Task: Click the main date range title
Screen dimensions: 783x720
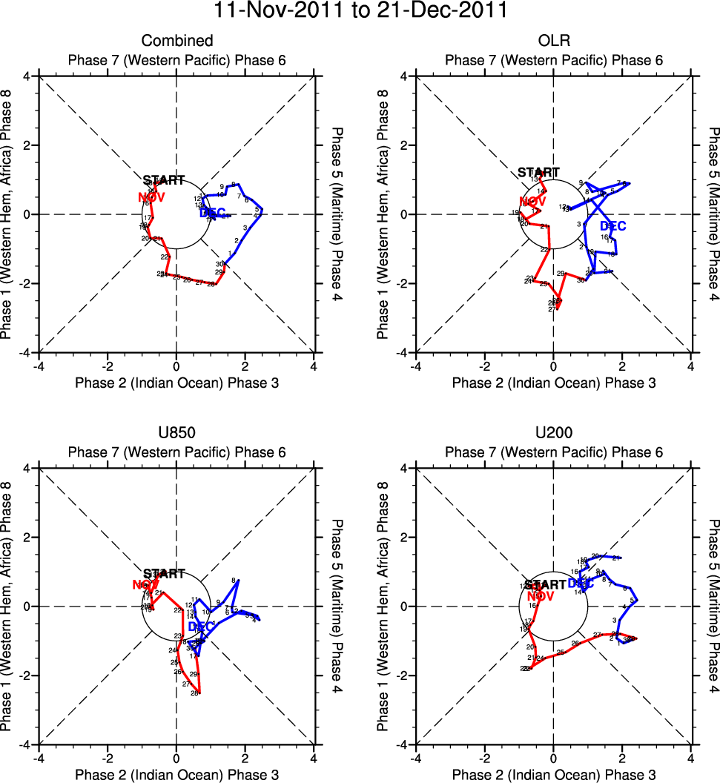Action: tap(360, 11)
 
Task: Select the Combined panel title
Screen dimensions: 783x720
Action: tap(177, 41)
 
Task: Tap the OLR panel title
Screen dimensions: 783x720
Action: tap(553, 41)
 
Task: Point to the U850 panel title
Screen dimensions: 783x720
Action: tap(177, 433)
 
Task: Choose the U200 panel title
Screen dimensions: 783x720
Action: tap(553, 433)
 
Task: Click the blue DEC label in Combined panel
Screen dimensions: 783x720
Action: tap(214, 214)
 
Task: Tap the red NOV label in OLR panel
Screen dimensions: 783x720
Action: tap(532, 202)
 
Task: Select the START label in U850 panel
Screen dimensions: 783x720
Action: tap(164, 574)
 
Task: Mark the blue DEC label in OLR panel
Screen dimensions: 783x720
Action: tap(612, 226)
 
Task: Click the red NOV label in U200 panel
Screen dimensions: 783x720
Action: tap(541, 596)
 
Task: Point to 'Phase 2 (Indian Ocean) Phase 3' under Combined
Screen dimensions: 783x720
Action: tap(177, 383)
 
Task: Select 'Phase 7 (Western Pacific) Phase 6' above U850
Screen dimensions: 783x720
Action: tap(177, 452)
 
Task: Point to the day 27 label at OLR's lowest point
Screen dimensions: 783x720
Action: tap(552, 309)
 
